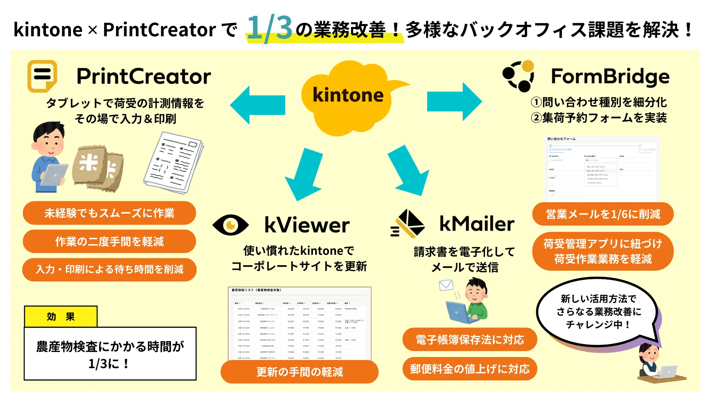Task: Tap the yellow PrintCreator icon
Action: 42,76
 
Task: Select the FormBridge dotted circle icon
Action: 518,76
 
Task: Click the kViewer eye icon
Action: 230,225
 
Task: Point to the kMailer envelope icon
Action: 408,224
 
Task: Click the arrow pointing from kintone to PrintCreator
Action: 257,105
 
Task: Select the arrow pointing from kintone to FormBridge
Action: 454,101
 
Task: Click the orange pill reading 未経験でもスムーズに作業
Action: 109,213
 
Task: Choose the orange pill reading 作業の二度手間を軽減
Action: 109,241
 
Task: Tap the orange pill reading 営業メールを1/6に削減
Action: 603,214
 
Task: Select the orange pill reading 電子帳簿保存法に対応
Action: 469,340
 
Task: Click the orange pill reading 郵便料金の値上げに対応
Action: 469,369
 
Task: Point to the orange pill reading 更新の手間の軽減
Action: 300,371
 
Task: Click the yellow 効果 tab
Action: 61,317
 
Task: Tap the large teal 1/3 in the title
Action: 270,28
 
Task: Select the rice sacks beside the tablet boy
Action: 98,167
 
